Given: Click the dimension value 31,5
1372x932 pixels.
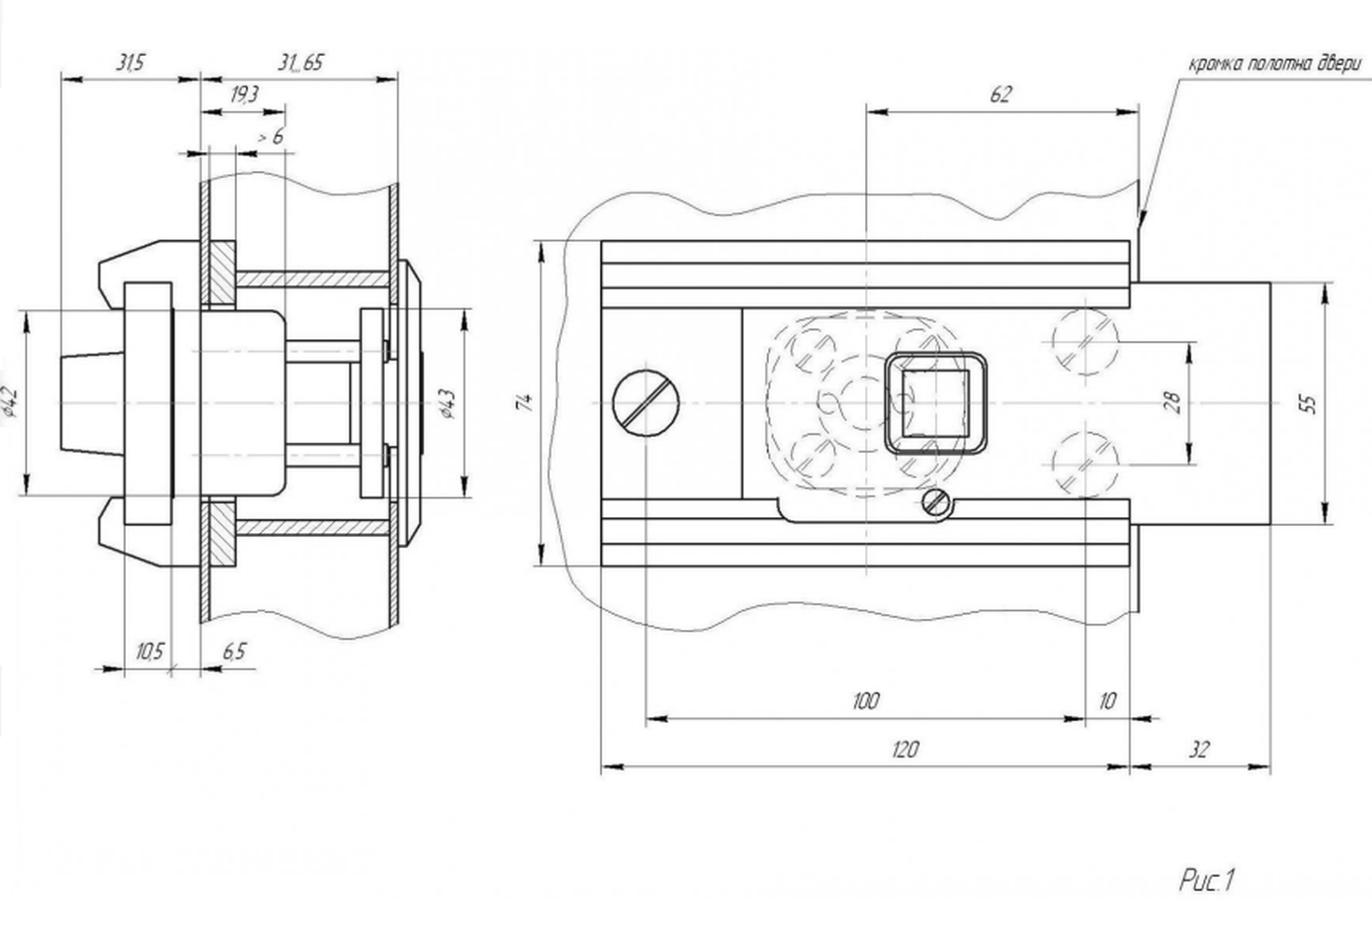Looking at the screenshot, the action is coord(130,62).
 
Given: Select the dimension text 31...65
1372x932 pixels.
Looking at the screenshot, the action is coord(300,62).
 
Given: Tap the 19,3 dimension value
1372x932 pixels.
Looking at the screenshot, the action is coord(244,95).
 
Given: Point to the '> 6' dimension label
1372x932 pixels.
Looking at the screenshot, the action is coord(270,137).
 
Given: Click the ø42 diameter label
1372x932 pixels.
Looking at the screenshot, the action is coord(11,402).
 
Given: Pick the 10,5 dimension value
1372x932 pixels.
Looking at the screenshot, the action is coord(149,651).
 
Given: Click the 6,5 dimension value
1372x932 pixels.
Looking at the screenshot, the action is coord(234,651).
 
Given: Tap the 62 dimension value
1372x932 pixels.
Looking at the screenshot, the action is coord(1000,95).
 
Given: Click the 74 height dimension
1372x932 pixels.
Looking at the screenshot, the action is coord(525,403).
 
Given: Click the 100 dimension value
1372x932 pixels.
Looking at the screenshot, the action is coord(866,701).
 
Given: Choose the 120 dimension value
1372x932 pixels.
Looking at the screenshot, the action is coord(905,749).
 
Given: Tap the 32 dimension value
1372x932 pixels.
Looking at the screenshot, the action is coord(1200,749).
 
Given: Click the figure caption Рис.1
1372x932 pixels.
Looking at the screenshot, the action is coord(1206,881).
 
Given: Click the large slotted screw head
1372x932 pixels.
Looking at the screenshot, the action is coord(646,404).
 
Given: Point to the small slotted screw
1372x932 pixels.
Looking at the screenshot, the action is coord(937,502).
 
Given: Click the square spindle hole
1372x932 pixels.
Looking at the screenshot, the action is coord(935,404).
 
